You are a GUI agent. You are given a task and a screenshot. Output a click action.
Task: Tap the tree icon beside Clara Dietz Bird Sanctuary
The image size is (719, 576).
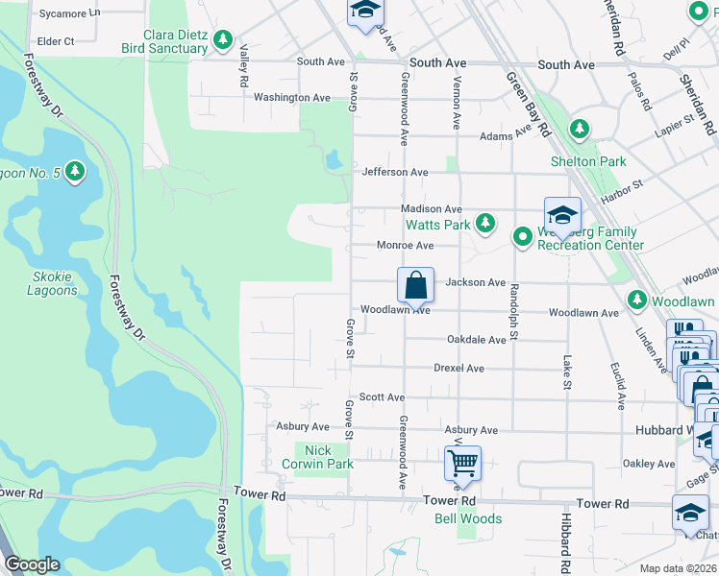223,40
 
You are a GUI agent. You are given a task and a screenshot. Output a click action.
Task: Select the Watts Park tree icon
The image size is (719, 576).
486,224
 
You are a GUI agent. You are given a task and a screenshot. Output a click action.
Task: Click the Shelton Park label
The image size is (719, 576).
587,161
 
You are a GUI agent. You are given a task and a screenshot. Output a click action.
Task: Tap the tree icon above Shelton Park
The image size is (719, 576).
579,129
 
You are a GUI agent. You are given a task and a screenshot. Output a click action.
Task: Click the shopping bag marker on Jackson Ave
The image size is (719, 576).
415,285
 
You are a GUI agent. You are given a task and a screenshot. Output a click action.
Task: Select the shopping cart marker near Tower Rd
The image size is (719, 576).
462,464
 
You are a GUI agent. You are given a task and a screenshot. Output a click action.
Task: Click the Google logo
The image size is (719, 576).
32,565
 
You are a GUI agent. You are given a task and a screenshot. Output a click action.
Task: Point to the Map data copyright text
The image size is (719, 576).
678,568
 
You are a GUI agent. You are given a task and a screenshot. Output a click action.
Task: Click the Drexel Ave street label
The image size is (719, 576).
459,368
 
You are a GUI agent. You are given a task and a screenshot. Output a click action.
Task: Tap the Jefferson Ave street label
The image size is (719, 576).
394,172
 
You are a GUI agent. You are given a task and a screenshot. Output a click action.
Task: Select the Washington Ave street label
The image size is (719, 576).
292,97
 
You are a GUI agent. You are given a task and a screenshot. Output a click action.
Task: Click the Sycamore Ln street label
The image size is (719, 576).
66,13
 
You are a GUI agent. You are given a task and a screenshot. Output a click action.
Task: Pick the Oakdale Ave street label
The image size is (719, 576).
476,340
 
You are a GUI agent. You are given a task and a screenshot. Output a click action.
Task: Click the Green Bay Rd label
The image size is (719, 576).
528,105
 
